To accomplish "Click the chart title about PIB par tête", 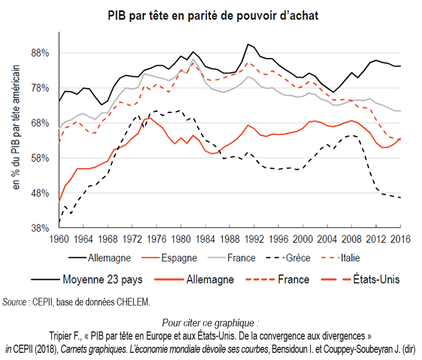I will [x=213, y=15].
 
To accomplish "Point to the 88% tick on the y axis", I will [x=41, y=53].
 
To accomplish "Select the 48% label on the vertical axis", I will [x=41, y=193].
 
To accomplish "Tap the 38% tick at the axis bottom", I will [x=41, y=228].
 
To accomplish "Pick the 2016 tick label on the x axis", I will [x=400, y=239].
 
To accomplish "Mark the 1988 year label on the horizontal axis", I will [x=230, y=239].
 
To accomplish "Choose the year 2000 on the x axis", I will [x=303, y=239].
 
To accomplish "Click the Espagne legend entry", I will [x=174, y=257].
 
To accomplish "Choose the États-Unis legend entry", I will [x=376, y=279].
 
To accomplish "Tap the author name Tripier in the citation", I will [x=63, y=334].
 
